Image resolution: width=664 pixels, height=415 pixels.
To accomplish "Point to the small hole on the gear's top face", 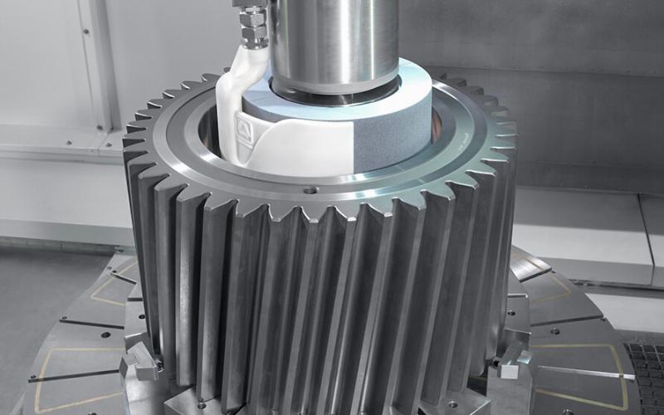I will point(310,189).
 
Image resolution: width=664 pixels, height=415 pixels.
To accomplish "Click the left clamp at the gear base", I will point(141,364).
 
